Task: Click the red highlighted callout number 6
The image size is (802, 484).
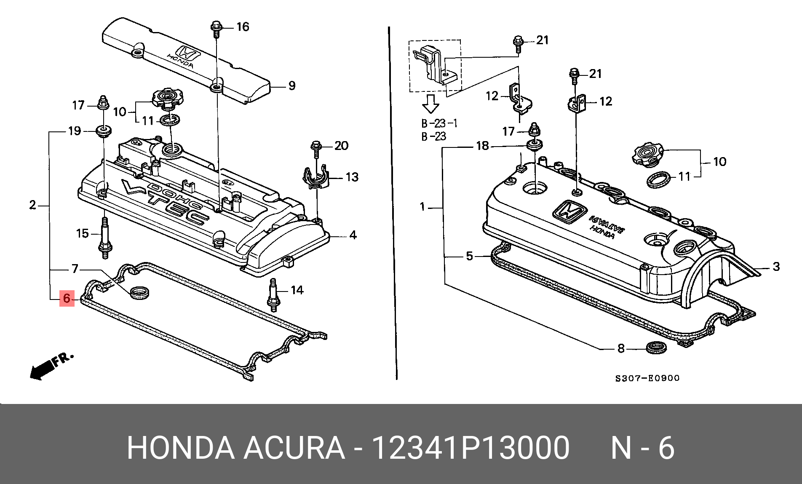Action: [x=67, y=298]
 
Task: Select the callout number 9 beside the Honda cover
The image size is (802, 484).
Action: [x=292, y=86]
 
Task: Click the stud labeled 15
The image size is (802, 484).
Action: [x=105, y=238]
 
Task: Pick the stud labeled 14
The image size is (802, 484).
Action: [x=273, y=294]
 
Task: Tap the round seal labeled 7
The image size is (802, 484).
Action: [x=139, y=293]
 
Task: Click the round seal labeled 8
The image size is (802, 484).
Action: [x=656, y=348]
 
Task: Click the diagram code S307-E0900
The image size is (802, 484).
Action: [x=647, y=378]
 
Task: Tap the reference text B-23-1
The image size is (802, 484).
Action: [x=439, y=123]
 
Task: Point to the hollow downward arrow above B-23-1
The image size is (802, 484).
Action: [x=430, y=104]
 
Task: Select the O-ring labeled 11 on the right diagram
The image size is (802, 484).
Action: [x=658, y=179]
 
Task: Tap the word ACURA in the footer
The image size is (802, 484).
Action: [x=294, y=448]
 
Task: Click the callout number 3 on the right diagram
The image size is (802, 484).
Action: [x=776, y=266]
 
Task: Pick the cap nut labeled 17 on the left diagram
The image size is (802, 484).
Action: [x=102, y=103]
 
